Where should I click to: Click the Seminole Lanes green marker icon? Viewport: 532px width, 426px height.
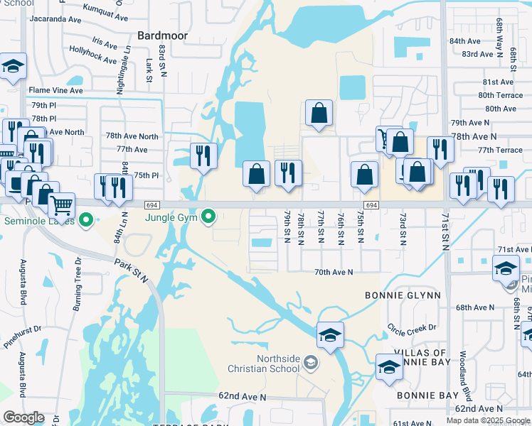[x=86, y=221]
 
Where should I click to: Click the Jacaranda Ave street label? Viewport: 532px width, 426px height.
[x=58, y=18]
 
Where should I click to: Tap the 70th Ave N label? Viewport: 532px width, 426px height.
[x=334, y=272]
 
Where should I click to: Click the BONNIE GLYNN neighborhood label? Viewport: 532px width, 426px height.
[x=403, y=295]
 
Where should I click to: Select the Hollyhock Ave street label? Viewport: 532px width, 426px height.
[x=93, y=55]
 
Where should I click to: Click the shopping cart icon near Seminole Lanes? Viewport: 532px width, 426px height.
[x=62, y=204]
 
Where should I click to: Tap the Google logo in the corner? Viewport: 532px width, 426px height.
[x=23, y=417]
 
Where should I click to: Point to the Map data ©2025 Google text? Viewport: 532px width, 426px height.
[x=488, y=420]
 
